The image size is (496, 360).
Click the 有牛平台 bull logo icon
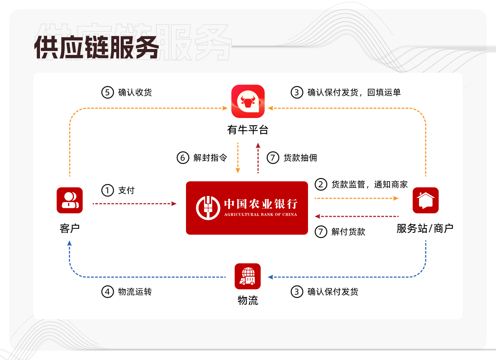(248, 101)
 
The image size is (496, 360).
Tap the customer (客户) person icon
(70, 200)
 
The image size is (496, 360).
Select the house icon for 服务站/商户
(425, 200)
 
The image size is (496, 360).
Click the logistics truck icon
(248, 276)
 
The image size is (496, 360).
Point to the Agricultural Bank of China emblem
(208, 208)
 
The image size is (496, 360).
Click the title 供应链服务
(97, 47)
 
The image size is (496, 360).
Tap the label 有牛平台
(248, 130)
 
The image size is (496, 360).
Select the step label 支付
(126, 190)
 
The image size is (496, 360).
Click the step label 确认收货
(135, 92)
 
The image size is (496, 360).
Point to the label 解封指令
(210, 158)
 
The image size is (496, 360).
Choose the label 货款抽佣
(300, 158)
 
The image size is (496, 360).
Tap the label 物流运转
(135, 292)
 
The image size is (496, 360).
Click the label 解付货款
(348, 232)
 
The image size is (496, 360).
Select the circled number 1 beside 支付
(108, 190)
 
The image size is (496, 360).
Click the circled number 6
(183, 158)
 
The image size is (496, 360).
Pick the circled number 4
(108, 292)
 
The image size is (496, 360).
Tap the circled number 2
(321, 184)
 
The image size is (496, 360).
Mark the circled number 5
(108, 92)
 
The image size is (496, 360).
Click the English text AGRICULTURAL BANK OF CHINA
(260, 214)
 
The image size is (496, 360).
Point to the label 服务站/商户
(425, 228)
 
